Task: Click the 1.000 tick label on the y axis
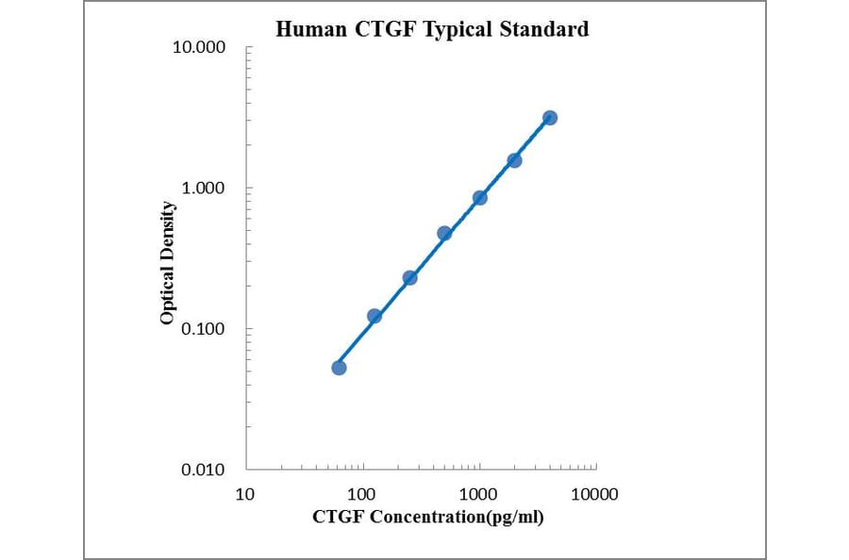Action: [203, 188]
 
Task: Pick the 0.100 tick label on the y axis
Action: [203, 329]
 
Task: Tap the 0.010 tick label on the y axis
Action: [203, 469]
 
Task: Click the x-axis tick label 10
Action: [245, 494]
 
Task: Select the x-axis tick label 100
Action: [362, 494]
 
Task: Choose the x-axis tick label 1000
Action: [479, 494]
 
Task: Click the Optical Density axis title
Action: [167, 263]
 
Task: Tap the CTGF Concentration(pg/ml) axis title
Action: [427, 517]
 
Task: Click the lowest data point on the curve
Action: [339, 368]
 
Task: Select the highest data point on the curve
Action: [550, 118]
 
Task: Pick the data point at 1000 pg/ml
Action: [479, 198]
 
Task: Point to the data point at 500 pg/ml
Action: [444, 233]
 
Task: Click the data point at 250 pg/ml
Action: [409, 277]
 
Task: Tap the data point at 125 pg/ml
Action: [375, 316]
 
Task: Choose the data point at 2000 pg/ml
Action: [514, 160]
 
